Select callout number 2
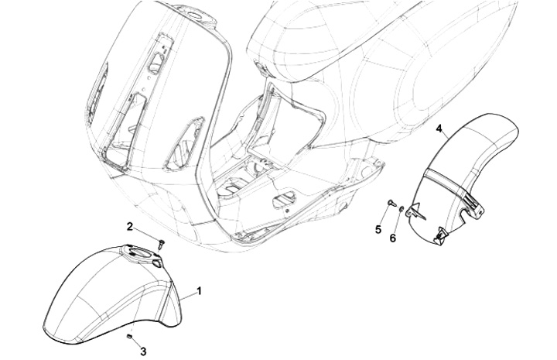(x=132, y=226)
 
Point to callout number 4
(x=439, y=129)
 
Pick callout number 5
(x=379, y=230)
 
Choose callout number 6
(x=392, y=238)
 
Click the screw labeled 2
(x=160, y=242)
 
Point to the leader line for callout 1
(x=187, y=296)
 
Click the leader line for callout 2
(x=146, y=234)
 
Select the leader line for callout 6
(x=395, y=222)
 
